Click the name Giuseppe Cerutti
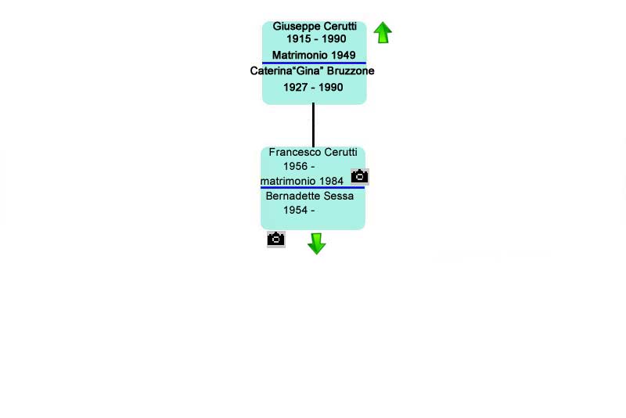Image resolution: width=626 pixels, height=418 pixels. pyautogui.click(x=315, y=27)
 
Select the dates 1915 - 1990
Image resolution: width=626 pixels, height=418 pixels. pyautogui.click(x=316, y=38)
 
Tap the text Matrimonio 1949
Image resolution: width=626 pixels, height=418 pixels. pyautogui.click(x=314, y=55)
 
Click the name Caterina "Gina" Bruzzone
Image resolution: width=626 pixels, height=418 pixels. pyautogui.click(x=312, y=71)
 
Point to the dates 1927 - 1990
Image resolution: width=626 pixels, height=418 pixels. pyautogui.click(x=313, y=87)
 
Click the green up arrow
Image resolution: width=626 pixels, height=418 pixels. pyautogui.click(x=383, y=32)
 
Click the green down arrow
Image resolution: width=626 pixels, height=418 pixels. pyautogui.click(x=317, y=244)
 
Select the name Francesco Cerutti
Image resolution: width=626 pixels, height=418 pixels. pyautogui.click(x=313, y=152)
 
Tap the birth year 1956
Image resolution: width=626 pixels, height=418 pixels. pyautogui.click(x=296, y=166)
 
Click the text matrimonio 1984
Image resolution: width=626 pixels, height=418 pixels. pyautogui.click(x=302, y=182)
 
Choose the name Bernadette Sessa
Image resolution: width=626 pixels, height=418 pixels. pyautogui.click(x=310, y=196)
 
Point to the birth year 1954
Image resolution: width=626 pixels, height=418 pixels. pyautogui.click(x=296, y=210)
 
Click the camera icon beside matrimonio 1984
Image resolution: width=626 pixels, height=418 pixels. pyautogui.click(x=360, y=176)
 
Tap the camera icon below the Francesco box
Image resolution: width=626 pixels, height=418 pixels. pyautogui.click(x=276, y=240)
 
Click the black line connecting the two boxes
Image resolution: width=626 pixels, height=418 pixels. pyautogui.click(x=314, y=125)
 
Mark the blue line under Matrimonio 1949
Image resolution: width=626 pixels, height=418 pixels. pyautogui.click(x=314, y=63)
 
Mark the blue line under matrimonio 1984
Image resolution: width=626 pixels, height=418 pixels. pyautogui.click(x=312, y=187)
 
